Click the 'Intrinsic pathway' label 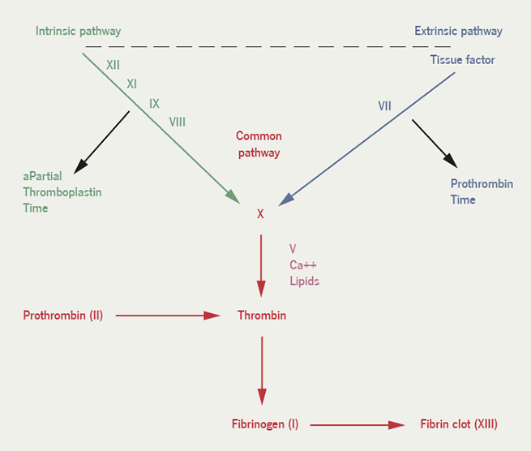(x=78, y=32)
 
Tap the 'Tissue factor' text (x=463, y=60)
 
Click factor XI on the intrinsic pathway (x=131, y=84)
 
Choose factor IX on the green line (x=154, y=104)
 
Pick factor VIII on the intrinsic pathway (x=178, y=122)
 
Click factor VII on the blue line (x=384, y=106)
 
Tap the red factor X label (x=260, y=215)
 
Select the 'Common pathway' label (x=259, y=144)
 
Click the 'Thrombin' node (x=261, y=315)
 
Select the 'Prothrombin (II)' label (x=63, y=315)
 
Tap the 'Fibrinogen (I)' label (x=265, y=424)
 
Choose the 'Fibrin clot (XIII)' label (x=459, y=424)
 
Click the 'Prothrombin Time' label (x=482, y=191)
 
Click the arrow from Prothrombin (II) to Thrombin (x=168, y=315)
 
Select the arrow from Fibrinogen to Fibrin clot (x=357, y=424)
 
